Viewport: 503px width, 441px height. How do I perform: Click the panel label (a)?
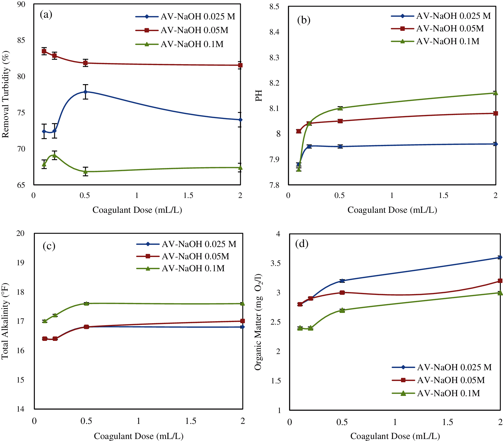[46, 14]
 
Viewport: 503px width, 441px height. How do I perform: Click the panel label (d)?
[302, 244]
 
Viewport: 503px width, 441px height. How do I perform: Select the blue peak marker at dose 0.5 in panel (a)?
[85, 92]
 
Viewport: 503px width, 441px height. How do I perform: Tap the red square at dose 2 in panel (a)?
[240, 65]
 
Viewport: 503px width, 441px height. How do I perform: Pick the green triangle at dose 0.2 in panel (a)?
[54, 155]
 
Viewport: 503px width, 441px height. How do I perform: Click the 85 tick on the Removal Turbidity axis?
[21, 40]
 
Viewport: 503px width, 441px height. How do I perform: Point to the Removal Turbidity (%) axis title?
[6, 94]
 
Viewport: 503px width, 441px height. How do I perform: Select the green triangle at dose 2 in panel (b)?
[496, 93]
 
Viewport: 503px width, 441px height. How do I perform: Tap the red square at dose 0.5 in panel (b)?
[340, 121]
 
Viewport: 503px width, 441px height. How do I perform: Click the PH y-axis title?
[259, 96]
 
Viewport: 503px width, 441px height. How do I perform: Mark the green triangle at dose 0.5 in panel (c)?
[86, 304]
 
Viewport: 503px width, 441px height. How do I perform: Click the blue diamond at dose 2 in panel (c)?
[243, 327]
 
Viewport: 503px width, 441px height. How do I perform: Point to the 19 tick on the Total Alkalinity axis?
[21, 263]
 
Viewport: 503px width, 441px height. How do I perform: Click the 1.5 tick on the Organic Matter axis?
[276, 381]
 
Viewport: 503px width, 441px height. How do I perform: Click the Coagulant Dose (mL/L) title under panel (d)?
[395, 436]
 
